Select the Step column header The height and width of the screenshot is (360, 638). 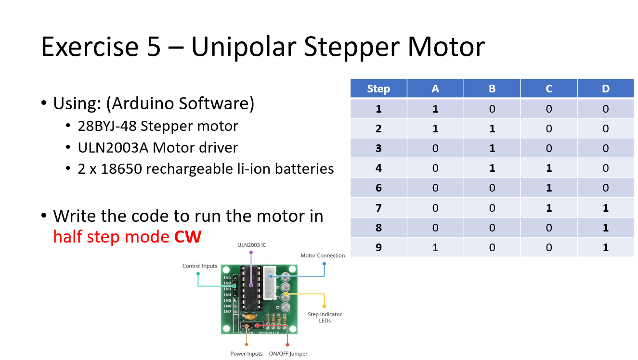(378, 89)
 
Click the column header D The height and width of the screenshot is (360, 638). (605, 89)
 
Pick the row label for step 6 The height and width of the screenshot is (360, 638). (378, 188)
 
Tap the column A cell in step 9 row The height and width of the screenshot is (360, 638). (435, 247)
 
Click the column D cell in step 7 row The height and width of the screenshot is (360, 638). (605, 208)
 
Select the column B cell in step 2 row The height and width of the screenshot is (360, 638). (492, 129)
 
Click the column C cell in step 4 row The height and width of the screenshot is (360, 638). (548, 168)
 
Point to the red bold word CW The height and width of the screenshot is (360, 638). (187, 236)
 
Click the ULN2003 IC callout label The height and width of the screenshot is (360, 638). (251, 245)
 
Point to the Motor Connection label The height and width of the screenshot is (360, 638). (323, 256)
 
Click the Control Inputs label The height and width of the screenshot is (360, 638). (199, 266)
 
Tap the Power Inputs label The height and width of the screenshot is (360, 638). (246, 354)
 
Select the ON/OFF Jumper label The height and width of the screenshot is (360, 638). (288, 354)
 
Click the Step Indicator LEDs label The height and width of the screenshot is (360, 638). (325, 317)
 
